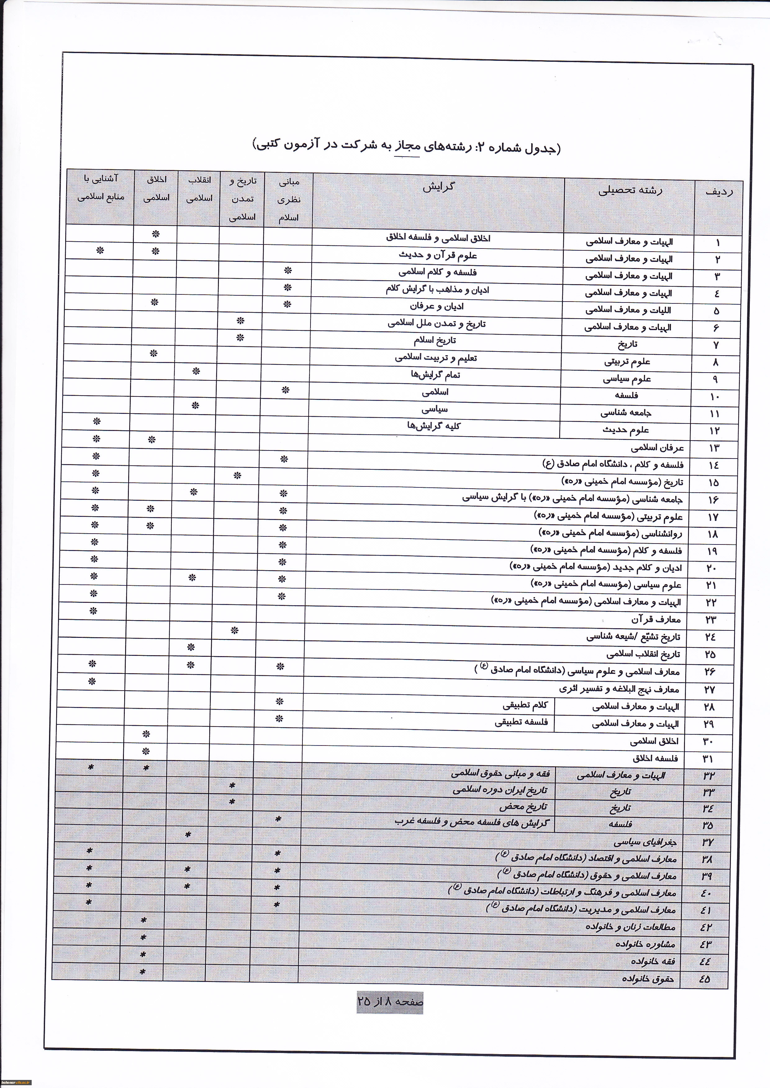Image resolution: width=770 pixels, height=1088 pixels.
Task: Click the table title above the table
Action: [x=407, y=147]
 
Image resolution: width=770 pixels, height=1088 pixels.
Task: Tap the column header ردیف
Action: [x=719, y=192]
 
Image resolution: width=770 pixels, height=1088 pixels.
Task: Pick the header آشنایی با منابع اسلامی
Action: [x=101, y=188]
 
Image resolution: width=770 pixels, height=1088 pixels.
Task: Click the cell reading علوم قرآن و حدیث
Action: [x=438, y=255]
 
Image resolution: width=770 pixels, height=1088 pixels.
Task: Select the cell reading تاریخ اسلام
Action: [x=435, y=341]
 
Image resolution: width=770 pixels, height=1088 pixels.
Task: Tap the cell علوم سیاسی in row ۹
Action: [x=627, y=379]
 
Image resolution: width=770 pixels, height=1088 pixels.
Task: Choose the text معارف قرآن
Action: [x=656, y=619]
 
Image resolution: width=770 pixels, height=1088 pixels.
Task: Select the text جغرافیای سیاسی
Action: [x=645, y=842]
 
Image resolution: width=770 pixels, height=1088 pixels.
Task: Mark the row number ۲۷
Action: [x=709, y=690]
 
